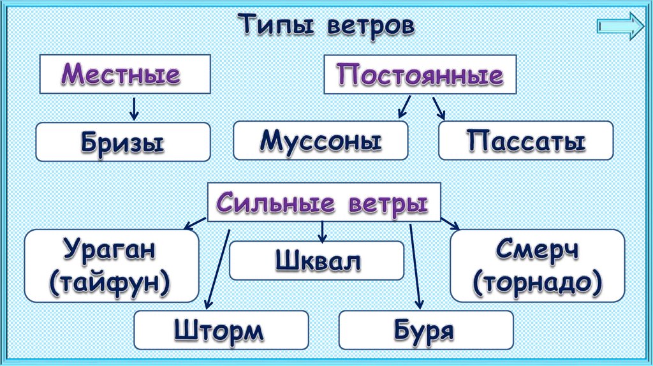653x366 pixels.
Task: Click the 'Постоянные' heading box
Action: (x=420, y=76)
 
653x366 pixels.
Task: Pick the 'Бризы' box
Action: (x=122, y=142)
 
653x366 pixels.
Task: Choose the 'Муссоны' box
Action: (x=320, y=140)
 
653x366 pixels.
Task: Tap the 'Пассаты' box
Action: (x=525, y=140)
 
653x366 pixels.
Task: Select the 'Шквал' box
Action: (x=317, y=260)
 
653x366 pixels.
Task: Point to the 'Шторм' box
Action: (x=221, y=330)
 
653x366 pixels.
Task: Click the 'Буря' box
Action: (x=426, y=330)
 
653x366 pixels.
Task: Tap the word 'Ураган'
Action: (x=110, y=249)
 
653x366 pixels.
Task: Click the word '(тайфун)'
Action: (x=110, y=281)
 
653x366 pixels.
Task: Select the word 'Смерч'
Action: (x=538, y=249)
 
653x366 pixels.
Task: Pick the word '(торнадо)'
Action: (x=538, y=281)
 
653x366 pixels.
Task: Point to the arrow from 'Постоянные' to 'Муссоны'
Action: (x=404, y=107)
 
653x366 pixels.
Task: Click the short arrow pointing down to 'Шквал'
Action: (x=323, y=231)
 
